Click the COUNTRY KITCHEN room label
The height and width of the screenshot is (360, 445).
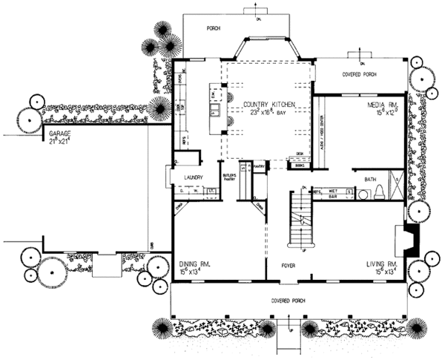click(266, 104)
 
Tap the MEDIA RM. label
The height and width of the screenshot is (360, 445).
click(384, 105)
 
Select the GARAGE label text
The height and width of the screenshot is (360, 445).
click(59, 134)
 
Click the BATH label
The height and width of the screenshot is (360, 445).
click(372, 179)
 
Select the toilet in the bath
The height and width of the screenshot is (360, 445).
click(379, 193)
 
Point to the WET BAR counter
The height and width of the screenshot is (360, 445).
click(328, 191)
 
